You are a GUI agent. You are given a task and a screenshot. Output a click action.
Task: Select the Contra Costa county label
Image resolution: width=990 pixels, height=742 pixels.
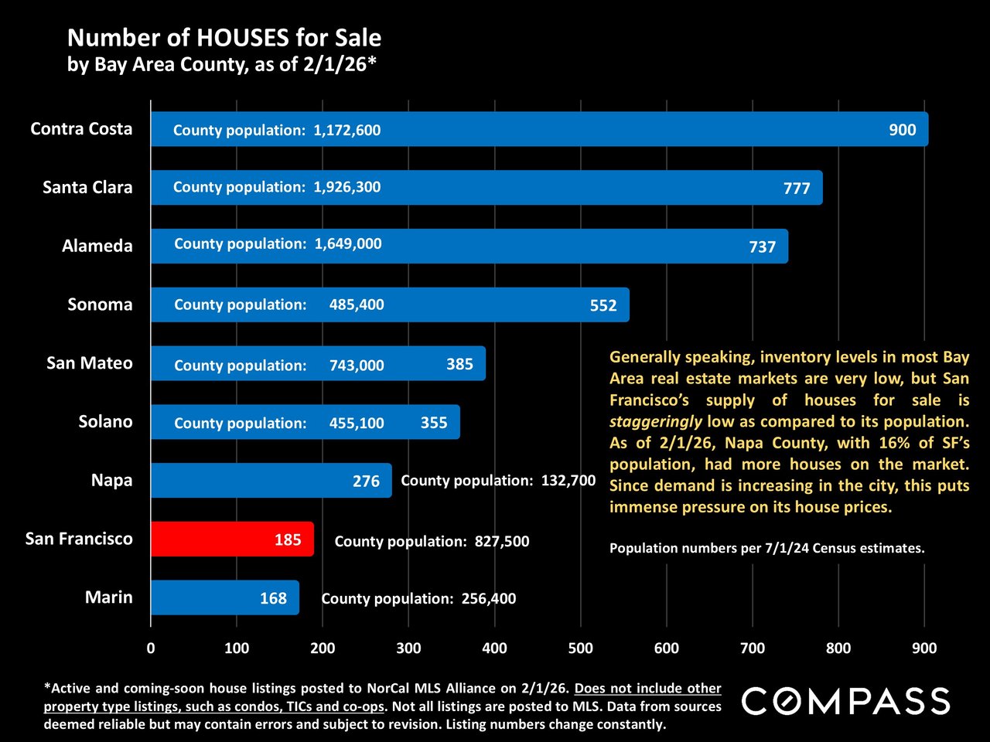81,129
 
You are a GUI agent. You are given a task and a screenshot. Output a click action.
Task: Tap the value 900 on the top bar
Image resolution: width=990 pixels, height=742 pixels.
902,130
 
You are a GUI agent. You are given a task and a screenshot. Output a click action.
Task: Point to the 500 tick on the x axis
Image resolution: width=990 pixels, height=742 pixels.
580,648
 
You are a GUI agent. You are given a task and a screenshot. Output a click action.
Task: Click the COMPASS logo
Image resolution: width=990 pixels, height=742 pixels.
845,701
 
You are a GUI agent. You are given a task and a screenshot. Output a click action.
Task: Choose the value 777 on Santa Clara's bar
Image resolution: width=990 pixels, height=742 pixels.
796,189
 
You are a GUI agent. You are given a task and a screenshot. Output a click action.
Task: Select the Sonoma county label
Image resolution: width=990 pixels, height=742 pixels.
100,305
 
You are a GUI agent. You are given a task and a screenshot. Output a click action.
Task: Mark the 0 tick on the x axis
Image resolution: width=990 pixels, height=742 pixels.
151,648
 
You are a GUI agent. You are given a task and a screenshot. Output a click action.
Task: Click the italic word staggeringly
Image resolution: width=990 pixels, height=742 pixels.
655,422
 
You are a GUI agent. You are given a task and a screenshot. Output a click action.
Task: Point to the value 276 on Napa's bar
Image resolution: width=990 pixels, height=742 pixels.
366,482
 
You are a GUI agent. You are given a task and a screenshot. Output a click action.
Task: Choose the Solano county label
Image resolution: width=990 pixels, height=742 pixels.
105,422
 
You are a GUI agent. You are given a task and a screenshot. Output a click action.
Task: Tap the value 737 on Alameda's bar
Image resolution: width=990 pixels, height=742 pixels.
762,247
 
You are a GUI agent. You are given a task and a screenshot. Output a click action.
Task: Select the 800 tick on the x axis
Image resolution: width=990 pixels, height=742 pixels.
838,648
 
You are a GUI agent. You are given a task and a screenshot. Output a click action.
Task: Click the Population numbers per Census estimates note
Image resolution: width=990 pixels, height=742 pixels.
766,549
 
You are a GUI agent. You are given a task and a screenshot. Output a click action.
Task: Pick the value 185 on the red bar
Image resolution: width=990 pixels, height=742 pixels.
288,540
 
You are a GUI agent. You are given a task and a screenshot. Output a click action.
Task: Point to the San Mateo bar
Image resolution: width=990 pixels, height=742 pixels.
317,363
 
